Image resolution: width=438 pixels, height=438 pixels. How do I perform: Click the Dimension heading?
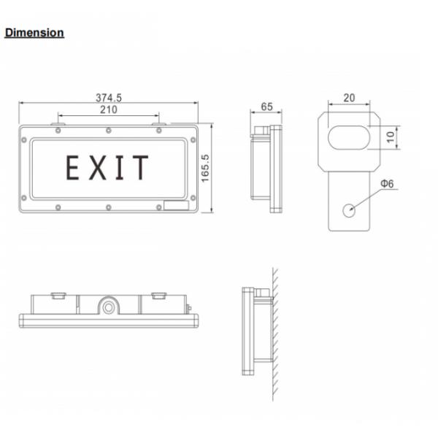[x=34, y=33]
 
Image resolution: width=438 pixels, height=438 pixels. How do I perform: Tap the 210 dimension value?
[x=109, y=110]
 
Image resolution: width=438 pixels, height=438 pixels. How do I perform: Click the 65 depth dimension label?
[x=266, y=107]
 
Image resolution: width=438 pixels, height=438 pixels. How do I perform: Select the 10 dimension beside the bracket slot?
[x=391, y=137]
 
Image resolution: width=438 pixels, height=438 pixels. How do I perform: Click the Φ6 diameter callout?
[x=386, y=185]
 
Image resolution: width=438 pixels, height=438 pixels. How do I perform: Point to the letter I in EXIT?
[x=119, y=168]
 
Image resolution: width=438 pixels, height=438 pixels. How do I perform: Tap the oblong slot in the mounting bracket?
[x=349, y=137]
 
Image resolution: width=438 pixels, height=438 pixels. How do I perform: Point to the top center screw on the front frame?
[x=108, y=131]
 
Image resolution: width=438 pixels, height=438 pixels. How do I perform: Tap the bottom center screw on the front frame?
[x=108, y=207]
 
